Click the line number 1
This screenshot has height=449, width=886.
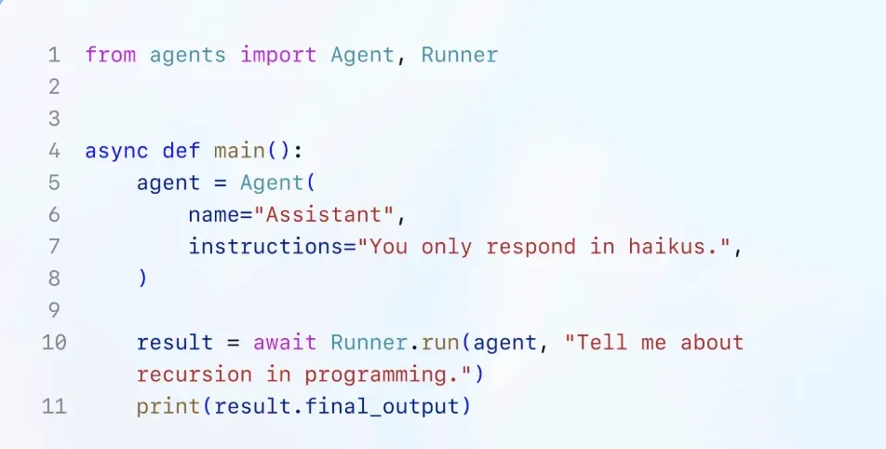pyautogui.click(x=54, y=55)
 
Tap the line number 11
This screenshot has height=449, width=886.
pyautogui.click(x=54, y=406)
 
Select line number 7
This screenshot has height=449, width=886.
pyautogui.click(x=54, y=247)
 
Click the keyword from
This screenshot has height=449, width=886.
pyautogui.click(x=110, y=55)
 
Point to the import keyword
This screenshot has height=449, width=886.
pyautogui.click(x=278, y=55)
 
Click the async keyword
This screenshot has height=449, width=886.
pyautogui.click(x=116, y=151)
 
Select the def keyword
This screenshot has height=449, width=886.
pyautogui.click(x=181, y=151)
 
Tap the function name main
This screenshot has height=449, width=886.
pyautogui.click(x=238, y=151)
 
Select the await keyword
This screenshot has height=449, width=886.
pyautogui.click(x=285, y=343)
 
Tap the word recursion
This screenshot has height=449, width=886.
pyautogui.click(x=194, y=374)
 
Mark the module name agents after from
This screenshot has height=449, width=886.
pyautogui.click(x=187, y=55)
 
